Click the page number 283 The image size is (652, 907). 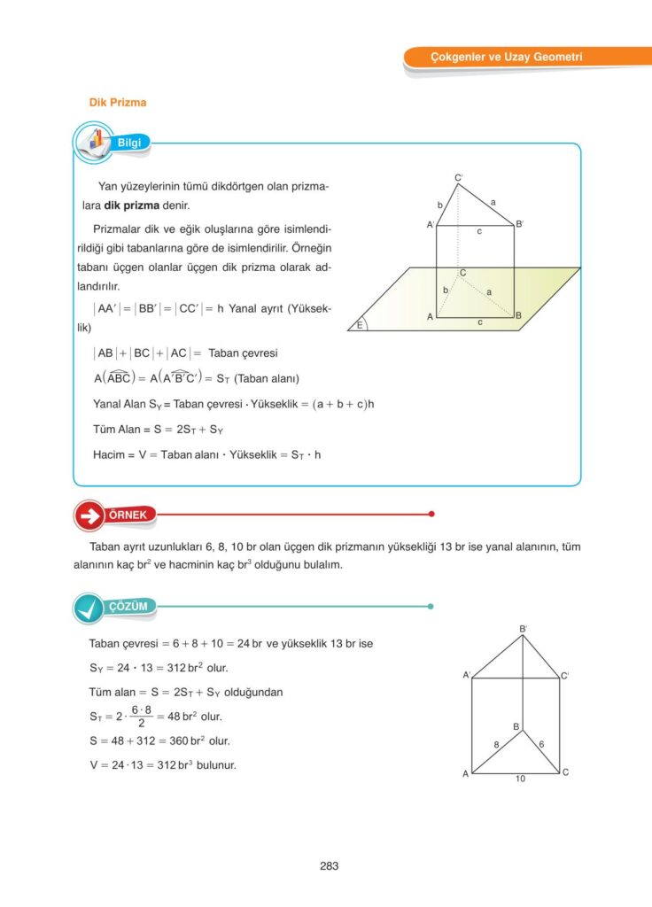point(329,866)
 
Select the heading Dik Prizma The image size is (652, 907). point(118,103)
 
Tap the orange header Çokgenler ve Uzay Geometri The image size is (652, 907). point(506,58)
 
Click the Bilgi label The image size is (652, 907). point(130,142)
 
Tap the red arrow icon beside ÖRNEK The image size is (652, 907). point(89,516)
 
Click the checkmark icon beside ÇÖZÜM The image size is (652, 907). point(89,608)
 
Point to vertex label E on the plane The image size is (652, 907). point(361,325)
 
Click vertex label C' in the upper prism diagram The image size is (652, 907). point(459,178)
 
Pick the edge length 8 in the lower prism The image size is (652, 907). point(497,745)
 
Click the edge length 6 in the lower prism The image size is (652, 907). point(541,745)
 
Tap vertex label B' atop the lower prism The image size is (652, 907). point(524,629)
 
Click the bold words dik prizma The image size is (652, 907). point(132,205)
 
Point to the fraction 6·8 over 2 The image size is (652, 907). point(136,717)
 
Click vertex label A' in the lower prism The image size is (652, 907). point(466,675)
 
